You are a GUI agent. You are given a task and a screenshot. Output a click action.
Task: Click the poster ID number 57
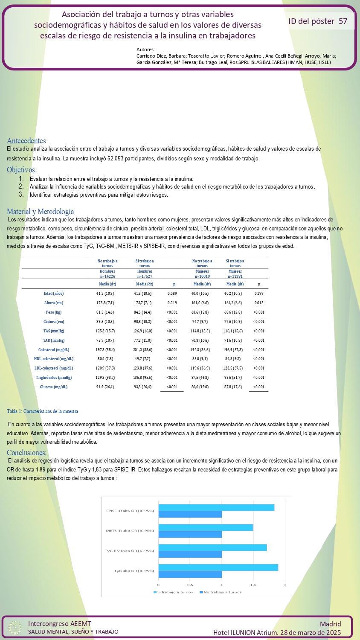[x=343, y=21]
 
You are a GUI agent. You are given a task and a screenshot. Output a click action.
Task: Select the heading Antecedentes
[x=26, y=141]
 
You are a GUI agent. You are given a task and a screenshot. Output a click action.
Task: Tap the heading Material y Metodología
[x=40, y=212]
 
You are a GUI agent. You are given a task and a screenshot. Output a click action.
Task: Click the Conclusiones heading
[x=26, y=453]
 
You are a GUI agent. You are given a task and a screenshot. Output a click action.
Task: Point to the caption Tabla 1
[x=42, y=411]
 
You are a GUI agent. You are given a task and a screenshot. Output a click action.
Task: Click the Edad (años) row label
[x=54, y=294]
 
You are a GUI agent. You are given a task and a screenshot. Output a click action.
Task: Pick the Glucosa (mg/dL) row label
[x=54, y=387]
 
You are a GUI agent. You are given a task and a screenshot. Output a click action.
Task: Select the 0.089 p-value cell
[x=172, y=294]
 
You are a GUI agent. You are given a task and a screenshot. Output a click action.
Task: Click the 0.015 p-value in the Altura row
[x=259, y=303]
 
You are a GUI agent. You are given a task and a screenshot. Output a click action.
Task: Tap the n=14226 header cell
[x=107, y=276]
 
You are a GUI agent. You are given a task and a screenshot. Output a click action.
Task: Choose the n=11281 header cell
[x=235, y=276]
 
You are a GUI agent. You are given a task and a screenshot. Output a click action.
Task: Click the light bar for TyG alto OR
[x=218, y=567]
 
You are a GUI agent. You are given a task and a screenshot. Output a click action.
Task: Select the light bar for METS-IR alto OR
[x=206, y=527]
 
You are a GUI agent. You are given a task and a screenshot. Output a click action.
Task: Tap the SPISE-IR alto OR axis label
[x=130, y=511]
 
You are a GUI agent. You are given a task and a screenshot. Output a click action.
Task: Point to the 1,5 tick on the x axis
[x=253, y=585]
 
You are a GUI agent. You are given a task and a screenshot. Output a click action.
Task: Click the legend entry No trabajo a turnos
[x=222, y=592]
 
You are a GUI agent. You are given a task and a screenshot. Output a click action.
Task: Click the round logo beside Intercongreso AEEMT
[x=15, y=628]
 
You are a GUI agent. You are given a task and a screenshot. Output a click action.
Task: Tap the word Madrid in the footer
[x=330, y=624]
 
